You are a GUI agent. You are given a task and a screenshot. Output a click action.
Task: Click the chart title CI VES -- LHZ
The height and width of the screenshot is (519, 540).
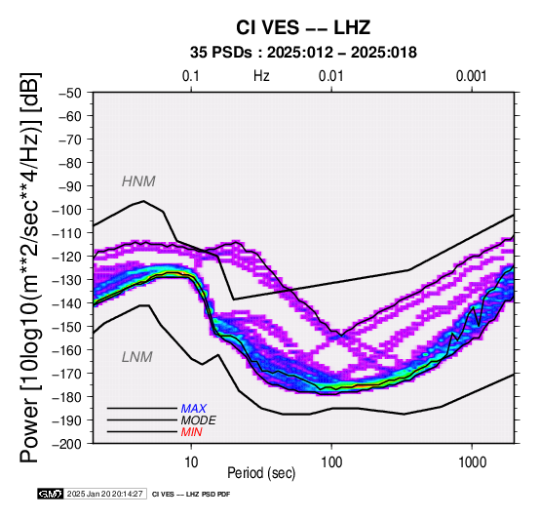pos(303,27)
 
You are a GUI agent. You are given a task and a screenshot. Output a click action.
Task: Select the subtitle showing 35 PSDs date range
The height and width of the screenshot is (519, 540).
pos(303,53)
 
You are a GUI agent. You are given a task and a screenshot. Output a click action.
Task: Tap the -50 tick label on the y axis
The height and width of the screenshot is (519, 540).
pos(69,93)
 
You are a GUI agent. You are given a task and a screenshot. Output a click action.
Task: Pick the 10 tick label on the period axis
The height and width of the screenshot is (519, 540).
pos(191,462)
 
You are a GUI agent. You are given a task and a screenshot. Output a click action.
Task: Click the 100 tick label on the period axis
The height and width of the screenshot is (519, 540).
pos(331,462)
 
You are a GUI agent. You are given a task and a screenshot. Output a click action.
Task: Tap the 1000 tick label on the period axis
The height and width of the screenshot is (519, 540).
pos(472,462)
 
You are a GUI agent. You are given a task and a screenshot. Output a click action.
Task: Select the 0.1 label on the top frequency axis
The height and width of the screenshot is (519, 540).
pos(191,76)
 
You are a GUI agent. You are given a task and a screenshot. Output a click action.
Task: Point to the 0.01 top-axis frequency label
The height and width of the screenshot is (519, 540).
pos(331,76)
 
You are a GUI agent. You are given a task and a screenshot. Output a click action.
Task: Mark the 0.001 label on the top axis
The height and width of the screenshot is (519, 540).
pos(471,76)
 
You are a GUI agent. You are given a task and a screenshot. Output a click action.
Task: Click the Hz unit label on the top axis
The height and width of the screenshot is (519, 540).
pos(261,76)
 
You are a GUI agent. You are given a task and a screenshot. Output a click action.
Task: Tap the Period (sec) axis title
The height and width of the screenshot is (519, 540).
pos(261,473)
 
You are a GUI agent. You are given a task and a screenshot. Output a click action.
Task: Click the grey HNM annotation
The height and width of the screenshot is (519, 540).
pos(138,181)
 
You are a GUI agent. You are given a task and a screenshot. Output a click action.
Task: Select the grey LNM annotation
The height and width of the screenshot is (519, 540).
pos(136,357)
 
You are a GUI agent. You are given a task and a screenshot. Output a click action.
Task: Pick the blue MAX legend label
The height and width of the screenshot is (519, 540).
pos(194,409)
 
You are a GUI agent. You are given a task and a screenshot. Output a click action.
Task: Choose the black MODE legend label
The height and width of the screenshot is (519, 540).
pos(199,420)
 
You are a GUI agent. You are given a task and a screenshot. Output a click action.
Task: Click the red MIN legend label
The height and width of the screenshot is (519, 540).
pos(191,432)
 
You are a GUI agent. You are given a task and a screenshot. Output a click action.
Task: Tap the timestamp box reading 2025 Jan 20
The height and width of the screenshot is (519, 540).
pos(105,494)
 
